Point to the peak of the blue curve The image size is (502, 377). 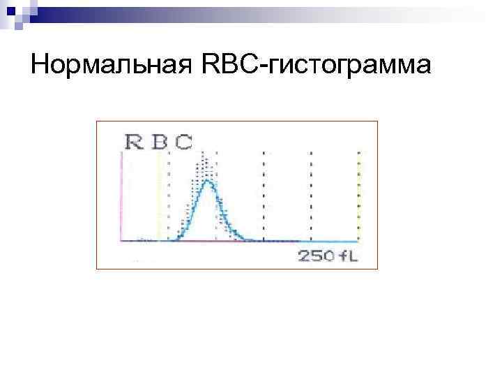click(x=207, y=182)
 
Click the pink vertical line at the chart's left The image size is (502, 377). click(x=123, y=195)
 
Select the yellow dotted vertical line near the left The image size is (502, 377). click(x=159, y=195)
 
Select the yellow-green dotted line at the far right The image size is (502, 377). click(x=358, y=195)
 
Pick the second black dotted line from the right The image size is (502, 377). click(x=263, y=195)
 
